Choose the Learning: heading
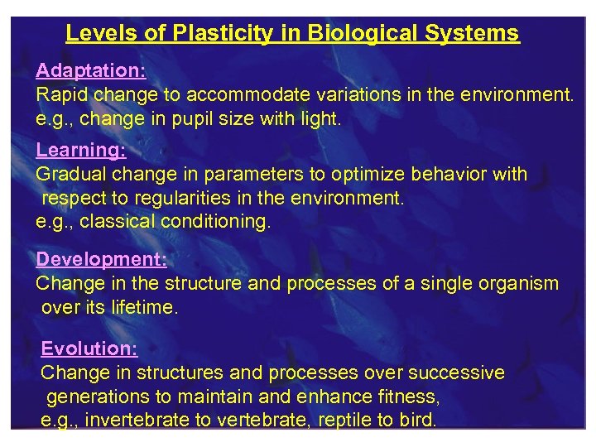80,150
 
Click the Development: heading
101,259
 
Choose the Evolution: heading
89,348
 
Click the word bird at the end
418,421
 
